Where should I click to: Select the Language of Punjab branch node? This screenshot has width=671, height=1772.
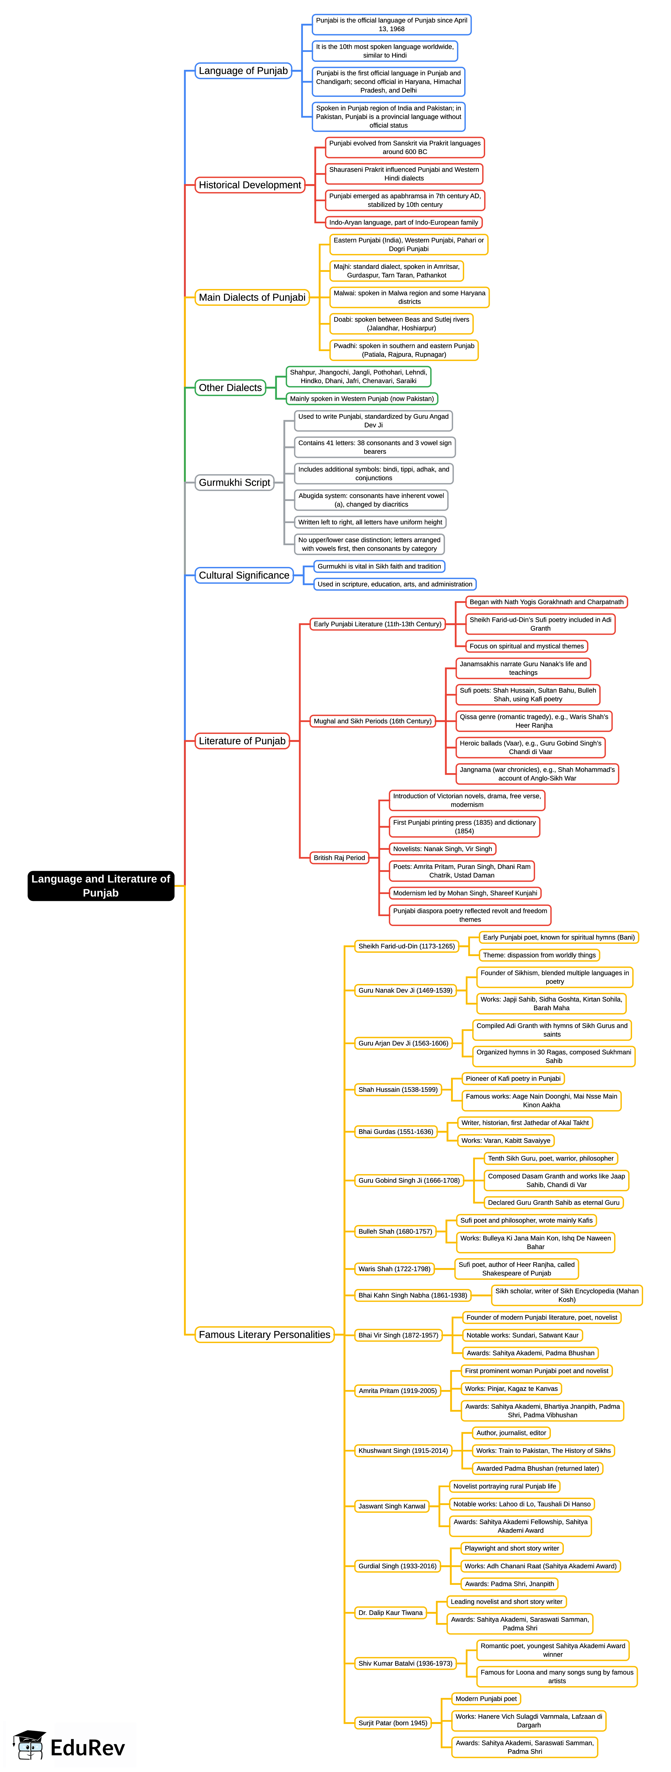(x=243, y=71)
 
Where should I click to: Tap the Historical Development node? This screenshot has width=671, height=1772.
(x=250, y=185)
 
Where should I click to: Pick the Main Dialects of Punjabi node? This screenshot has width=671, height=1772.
(x=252, y=297)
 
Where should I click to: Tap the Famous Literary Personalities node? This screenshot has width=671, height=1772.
(x=264, y=1335)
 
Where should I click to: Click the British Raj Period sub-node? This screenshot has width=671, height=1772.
(x=339, y=858)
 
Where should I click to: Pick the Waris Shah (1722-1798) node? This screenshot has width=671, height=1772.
(x=394, y=1269)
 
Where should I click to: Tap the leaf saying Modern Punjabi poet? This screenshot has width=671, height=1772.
(x=486, y=1698)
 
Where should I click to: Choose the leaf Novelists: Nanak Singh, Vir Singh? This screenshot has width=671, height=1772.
(x=443, y=849)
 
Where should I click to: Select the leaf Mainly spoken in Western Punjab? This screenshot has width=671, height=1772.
(x=362, y=399)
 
